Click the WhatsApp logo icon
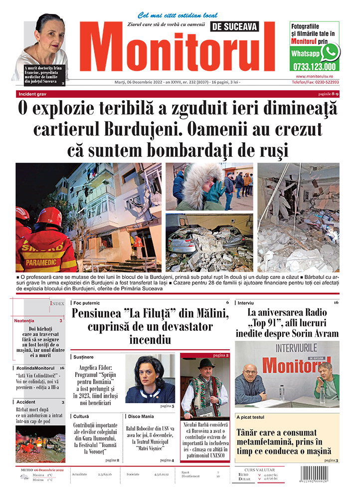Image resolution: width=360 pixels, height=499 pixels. (x=330, y=52)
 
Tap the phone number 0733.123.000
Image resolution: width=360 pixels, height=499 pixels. (x=315, y=66)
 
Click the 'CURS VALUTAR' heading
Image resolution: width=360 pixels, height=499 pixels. (x=258, y=469)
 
